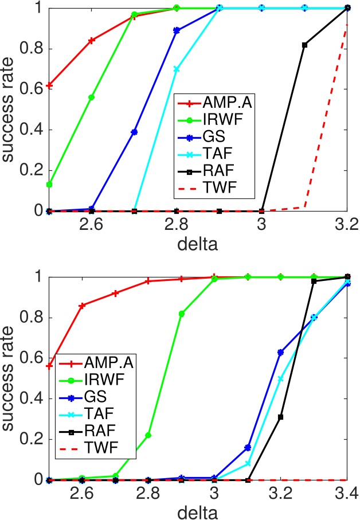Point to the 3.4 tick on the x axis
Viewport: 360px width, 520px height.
346,491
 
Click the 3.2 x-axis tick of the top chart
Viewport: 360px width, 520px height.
346,223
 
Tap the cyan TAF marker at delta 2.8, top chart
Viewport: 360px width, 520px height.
177,69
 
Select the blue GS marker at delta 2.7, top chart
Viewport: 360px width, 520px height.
134,132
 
